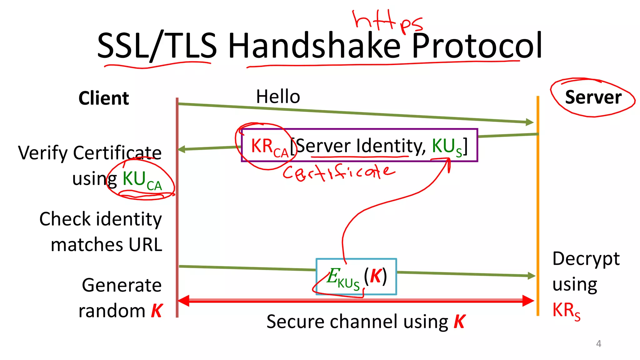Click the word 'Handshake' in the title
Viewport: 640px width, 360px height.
[314, 46]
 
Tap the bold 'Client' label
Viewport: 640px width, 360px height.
[103, 98]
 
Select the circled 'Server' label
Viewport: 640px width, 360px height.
[593, 97]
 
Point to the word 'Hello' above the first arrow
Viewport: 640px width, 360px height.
[278, 97]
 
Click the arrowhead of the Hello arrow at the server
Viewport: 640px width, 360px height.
[529, 122]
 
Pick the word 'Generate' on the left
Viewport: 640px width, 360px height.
[122, 285]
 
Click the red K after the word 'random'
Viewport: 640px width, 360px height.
[157, 311]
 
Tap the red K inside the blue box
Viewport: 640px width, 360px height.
[376, 276]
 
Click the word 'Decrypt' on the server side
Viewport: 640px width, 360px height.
[586, 259]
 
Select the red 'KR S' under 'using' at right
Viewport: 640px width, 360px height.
[566, 311]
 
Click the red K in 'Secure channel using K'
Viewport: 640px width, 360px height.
[459, 322]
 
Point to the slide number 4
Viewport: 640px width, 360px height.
[598, 343]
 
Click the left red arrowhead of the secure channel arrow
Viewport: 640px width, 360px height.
[184, 301]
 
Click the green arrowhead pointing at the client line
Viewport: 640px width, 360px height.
[182, 149]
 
